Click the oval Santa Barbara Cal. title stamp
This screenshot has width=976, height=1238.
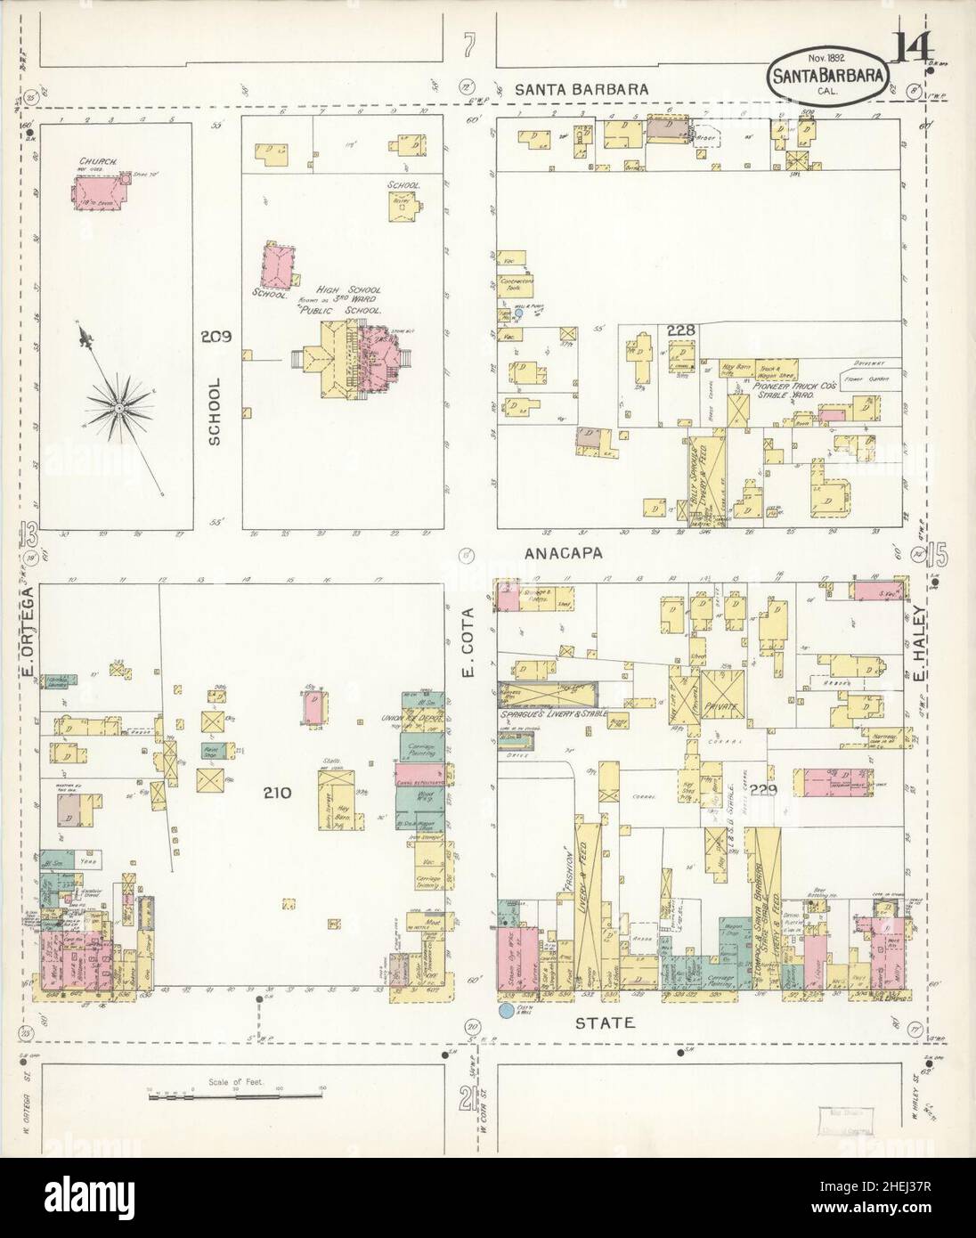827,80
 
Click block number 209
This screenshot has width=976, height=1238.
216,337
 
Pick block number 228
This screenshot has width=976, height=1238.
682,331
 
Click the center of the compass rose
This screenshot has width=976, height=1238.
118,407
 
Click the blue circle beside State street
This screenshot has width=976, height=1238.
508,1010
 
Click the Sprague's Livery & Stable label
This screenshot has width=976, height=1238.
546,714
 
